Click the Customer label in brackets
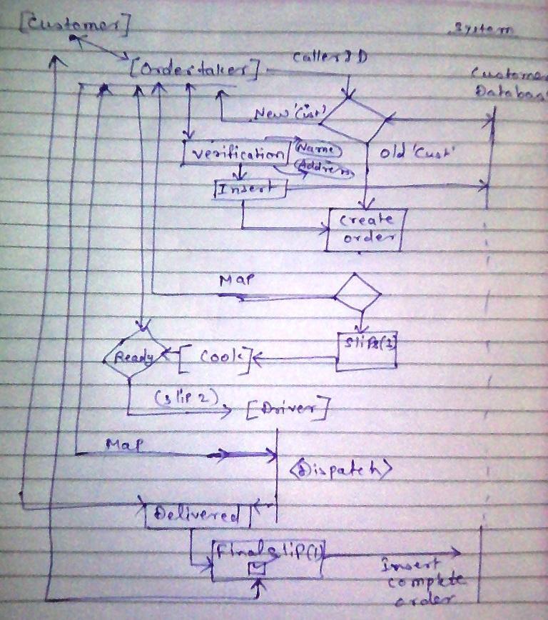[x=74, y=26]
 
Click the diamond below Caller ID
[x=355, y=119]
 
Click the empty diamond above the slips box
[x=358, y=293]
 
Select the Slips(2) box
[x=367, y=351]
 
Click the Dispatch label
[x=341, y=469]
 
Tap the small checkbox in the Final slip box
[x=256, y=569]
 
